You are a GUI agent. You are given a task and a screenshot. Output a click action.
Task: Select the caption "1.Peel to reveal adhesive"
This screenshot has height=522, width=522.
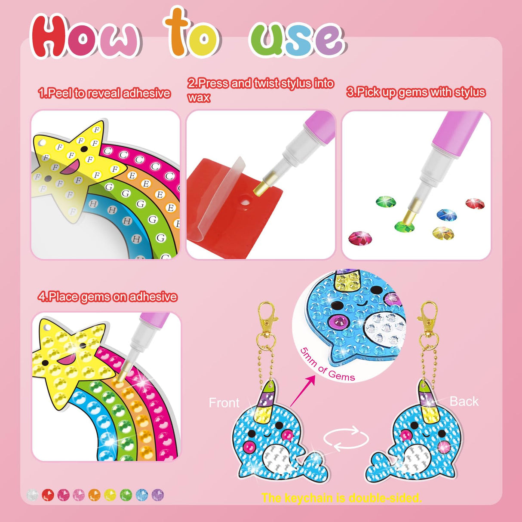(x=104, y=93)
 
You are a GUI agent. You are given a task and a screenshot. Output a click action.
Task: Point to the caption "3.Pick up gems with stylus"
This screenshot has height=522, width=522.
(x=416, y=92)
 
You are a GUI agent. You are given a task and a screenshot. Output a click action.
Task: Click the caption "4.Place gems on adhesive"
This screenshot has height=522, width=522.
(x=107, y=297)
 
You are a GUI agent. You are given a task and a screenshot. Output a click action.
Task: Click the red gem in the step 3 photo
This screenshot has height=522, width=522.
(x=475, y=203)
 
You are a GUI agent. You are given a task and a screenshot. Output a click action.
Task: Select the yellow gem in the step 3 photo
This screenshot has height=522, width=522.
(x=443, y=233)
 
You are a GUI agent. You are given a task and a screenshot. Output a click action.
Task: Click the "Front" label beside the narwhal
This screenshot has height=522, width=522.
(x=224, y=403)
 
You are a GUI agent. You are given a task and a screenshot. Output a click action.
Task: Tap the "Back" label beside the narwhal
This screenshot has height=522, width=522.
(x=464, y=401)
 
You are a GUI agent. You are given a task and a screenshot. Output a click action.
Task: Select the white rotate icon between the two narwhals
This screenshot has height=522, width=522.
(x=346, y=439)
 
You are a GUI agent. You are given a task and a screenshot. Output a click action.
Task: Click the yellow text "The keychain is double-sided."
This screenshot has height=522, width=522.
(x=341, y=498)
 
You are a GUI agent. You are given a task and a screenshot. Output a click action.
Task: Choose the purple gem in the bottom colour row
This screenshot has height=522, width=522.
(x=158, y=495)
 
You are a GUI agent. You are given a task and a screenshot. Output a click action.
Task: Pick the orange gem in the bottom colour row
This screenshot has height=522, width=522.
(x=94, y=495)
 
